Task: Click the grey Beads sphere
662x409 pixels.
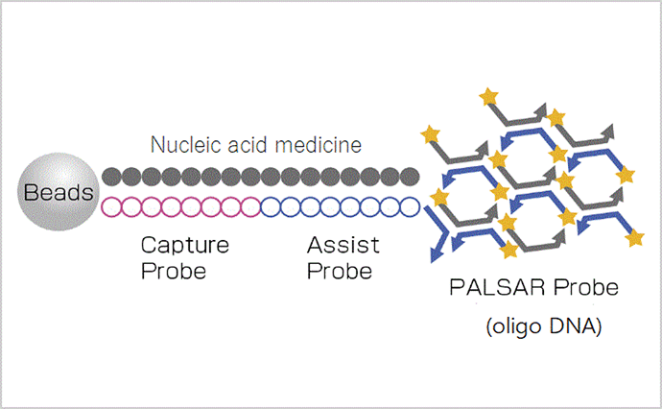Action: pos(59,192)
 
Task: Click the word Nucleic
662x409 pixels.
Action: pos(187,145)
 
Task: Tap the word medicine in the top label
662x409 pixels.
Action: pos(319,145)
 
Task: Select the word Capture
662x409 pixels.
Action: pos(185,245)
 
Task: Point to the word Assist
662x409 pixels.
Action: pos(343,245)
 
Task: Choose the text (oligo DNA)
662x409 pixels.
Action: pos(544,326)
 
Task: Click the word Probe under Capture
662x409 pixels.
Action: pos(174,272)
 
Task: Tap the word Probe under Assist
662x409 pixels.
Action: pos(340,272)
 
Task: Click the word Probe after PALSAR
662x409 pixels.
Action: pos(586,288)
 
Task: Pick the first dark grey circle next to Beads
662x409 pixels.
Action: pos(112,177)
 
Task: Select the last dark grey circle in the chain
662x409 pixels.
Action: pos(410,177)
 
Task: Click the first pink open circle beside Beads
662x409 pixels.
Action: pos(112,207)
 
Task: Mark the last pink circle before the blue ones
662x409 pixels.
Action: pos(250,207)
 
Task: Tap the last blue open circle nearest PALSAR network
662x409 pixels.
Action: pos(410,207)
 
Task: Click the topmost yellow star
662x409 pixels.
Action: pos(489,96)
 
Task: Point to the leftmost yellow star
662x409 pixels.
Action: pos(431,134)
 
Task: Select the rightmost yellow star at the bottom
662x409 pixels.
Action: pos(634,238)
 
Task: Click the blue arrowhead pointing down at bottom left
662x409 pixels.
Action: pos(436,254)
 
